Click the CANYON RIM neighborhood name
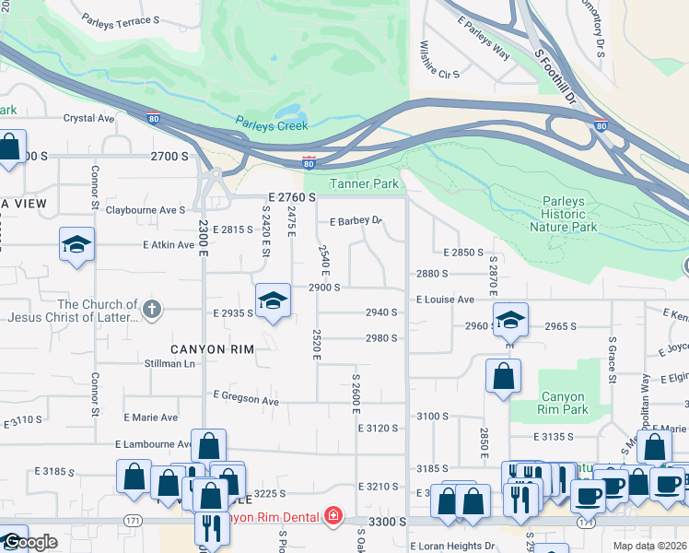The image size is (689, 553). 211,348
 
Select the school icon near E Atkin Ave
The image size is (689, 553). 77,244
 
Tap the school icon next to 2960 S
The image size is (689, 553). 510,319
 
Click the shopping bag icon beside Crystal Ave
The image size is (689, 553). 10,147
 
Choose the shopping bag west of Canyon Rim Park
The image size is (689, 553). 503,376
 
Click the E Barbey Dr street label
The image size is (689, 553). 356,221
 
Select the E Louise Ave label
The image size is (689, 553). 445,300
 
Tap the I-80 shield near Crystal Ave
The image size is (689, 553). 153,117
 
